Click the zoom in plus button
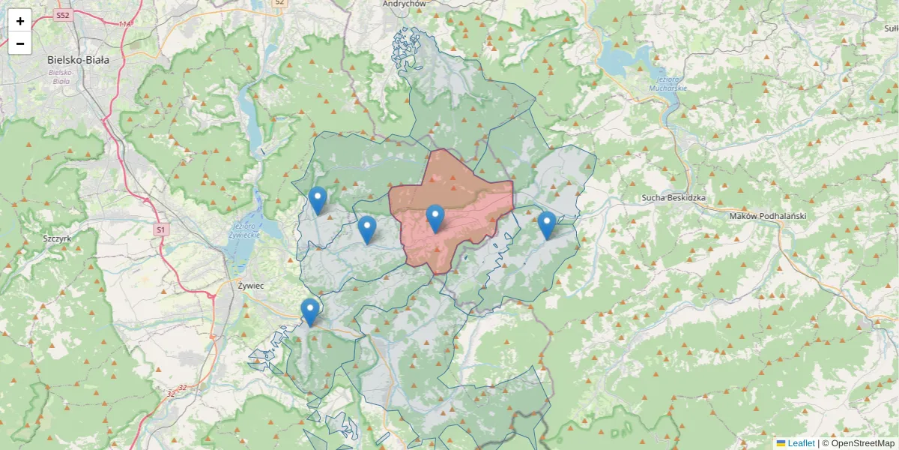(x=20, y=21)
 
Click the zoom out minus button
(x=20, y=43)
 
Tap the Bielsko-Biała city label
(x=78, y=60)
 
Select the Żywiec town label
(x=249, y=286)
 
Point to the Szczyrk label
(x=57, y=238)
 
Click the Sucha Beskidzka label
(x=674, y=198)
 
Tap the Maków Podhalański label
(x=766, y=216)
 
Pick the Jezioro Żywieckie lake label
(x=246, y=230)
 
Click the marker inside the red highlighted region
(x=435, y=218)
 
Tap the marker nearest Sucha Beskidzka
(x=547, y=225)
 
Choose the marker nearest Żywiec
(x=309, y=311)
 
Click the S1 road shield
(x=160, y=229)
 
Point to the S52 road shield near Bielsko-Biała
(x=64, y=15)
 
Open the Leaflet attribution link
(x=800, y=443)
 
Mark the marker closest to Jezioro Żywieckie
(x=318, y=200)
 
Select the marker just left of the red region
(x=366, y=229)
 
